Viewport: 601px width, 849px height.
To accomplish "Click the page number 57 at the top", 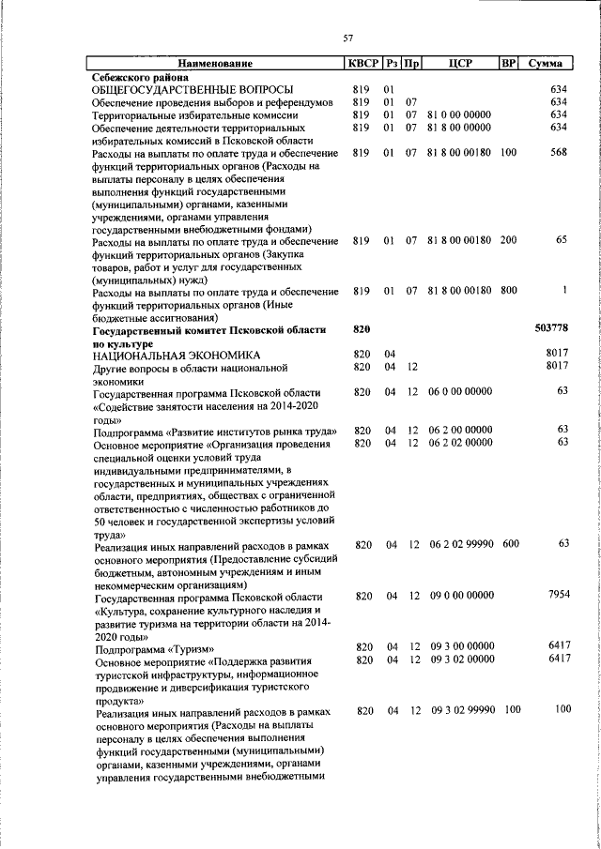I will point(347,38).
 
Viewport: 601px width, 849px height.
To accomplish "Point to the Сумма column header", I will point(546,64).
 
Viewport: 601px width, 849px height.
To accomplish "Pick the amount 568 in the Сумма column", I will point(560,152).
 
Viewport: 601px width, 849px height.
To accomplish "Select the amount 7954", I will point(558,595).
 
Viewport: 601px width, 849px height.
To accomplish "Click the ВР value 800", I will point(508,291).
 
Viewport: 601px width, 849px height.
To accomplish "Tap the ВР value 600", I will point(509,544).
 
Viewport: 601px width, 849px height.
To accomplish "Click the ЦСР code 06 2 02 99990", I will point(461,544).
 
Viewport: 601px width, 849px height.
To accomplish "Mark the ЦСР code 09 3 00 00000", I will point(461,646).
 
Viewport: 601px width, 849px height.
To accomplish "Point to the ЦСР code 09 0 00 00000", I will point(461,595).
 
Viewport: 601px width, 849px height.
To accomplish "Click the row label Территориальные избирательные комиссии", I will point(195,114).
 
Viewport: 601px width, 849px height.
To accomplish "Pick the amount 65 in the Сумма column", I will point(562,240).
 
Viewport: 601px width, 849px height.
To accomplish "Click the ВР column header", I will point(508,64).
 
